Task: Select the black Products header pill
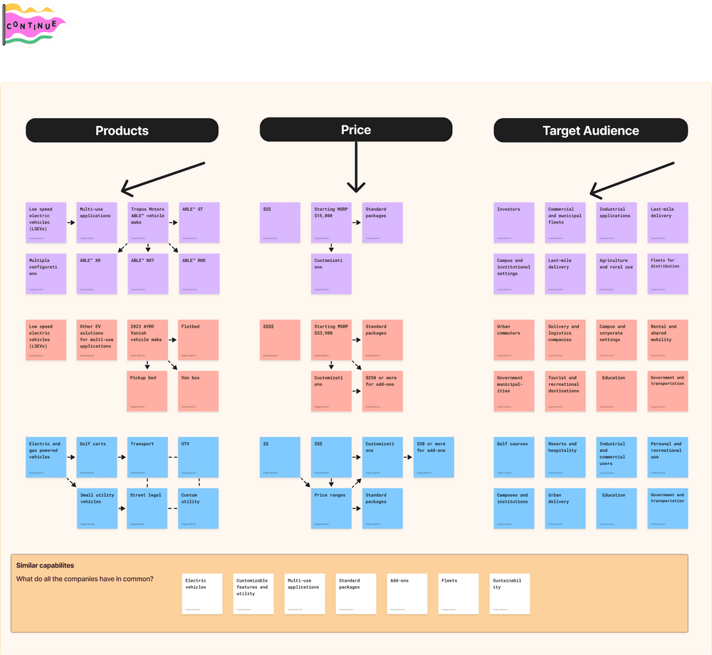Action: pyautogui.click(x=122, y=130)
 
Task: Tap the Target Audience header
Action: pyautogui.click(x=590, y=130)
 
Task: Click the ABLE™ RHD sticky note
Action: pyautogui.click(x=199, y=274)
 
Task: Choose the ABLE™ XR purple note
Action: pyautogui.click(x=97, y=274)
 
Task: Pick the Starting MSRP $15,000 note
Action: pyautogui.click(x=331, y=223)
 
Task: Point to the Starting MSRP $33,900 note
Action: pyautogui.click(x=331, y=340)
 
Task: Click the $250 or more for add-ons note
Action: pyautogui.click(x=382, y=391)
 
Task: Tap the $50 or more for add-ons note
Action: pyautogui.click(x=434, y=457)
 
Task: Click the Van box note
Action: pyautogui.click(x=199, y=391)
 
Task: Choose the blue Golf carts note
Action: pyautogui.click(x=97, y=457)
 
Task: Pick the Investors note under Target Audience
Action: pyautogui.click(x=514, y=223)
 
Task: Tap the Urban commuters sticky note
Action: pyautogui.click(x=514, y=340)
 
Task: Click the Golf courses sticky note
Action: pyautogui.click(x=514, y=457)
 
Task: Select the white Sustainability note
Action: pyautogui.click(x=509, y=594)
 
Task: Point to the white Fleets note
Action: pyautogui.click(x=458, y=594)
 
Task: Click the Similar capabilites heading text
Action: pyautogui.click(x=45, y=565)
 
